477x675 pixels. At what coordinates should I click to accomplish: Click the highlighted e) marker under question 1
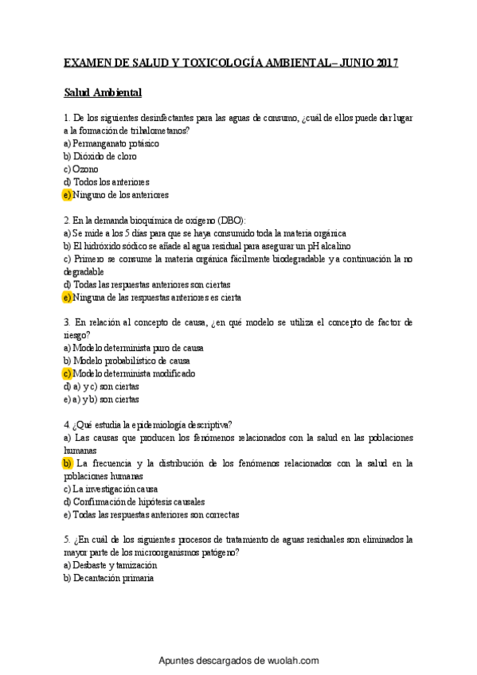coord(67,194)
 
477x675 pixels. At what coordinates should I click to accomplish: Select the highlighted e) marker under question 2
coord(67,297)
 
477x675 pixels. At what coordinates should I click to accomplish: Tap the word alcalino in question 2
coord(330,246)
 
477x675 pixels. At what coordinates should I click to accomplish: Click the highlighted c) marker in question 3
coord(67,373)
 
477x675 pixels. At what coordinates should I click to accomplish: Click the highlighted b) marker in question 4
coord(67,462)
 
